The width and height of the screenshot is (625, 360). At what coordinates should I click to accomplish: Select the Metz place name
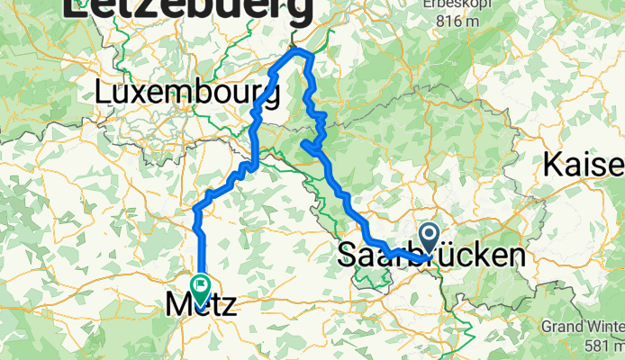pos(202,306)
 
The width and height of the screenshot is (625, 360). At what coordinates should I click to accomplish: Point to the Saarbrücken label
pos(431,255)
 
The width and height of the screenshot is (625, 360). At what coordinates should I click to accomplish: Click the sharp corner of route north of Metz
pos(196,210)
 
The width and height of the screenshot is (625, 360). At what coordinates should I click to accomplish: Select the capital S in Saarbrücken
pos(348,256)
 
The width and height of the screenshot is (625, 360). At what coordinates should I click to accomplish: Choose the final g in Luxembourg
pos(269,96)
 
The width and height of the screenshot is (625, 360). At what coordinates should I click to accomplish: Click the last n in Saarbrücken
pos(514,256)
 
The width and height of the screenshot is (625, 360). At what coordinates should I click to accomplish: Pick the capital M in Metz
pos(179,306)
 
